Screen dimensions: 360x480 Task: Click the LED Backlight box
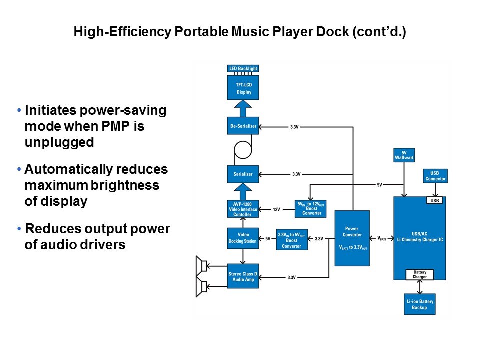[243, 68]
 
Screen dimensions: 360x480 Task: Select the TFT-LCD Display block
[243, 88]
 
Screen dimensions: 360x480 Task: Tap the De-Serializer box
[243, 126]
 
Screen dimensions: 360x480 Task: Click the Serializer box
[243, 174]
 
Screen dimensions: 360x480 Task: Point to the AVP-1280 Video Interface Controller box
[243, 209]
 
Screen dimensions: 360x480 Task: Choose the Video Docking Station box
[243, 238]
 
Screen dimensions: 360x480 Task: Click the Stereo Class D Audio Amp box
[243, 276]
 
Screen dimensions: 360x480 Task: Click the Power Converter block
[352, 238]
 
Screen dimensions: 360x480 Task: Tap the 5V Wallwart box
[404, 155]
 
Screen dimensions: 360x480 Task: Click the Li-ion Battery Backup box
[419, 304]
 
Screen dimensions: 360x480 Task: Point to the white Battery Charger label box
[419, 274]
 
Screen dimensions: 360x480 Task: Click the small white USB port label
[434, 201]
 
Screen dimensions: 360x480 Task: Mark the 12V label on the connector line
[276, 209]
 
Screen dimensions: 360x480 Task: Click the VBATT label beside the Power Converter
[381, 238]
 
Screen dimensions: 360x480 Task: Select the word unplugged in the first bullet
[59, 142]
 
